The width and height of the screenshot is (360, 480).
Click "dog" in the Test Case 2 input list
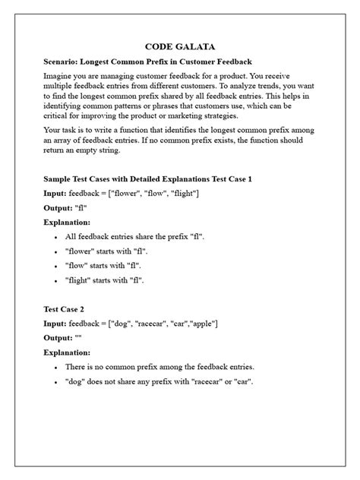click(121, 324)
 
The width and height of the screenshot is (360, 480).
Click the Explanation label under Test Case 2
click(68, 352)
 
